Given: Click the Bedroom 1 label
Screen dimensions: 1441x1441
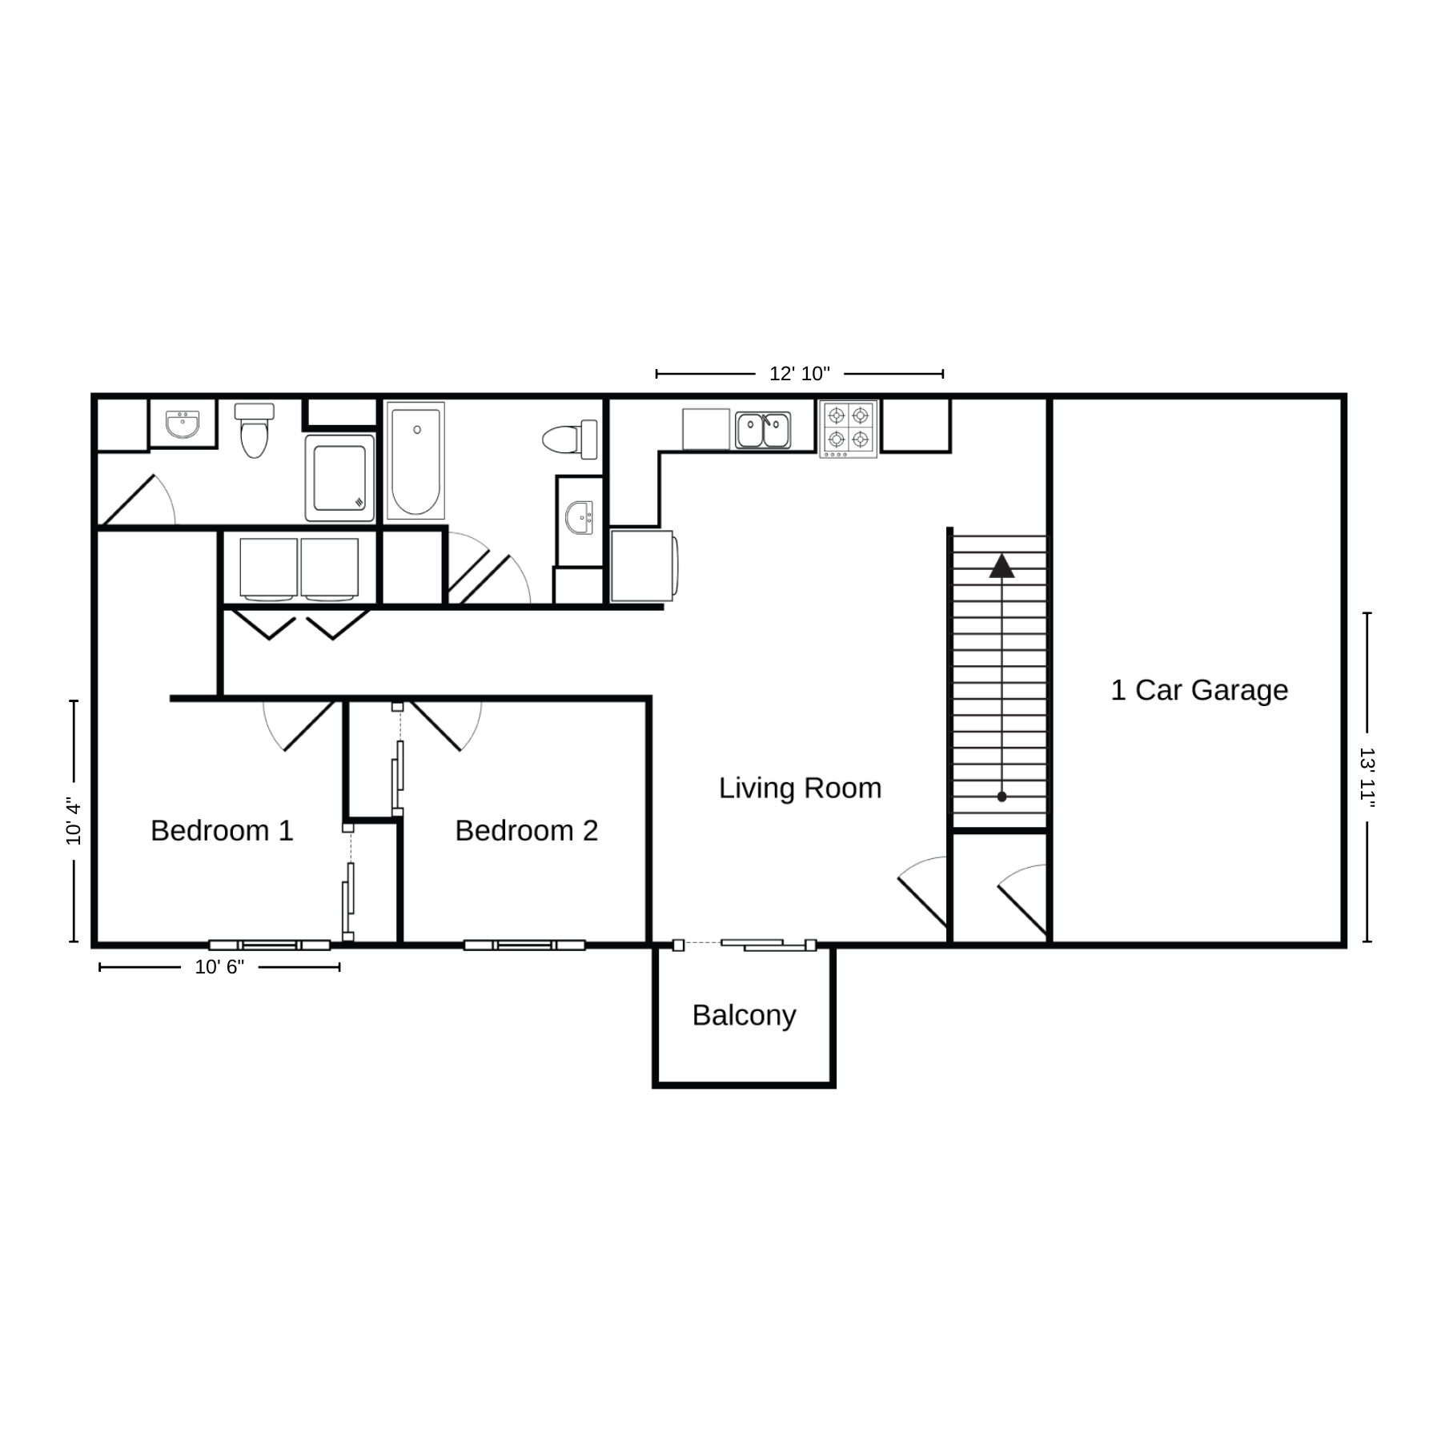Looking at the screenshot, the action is [x=222, y=831].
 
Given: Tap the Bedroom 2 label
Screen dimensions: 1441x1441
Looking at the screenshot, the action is [x=527, y=831].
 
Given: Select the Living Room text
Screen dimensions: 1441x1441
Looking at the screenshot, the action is [x=800, y=789].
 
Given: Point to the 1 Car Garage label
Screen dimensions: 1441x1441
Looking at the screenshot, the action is [x=1199, y=690].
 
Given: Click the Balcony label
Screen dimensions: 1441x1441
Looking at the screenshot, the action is [x=744, y=1016].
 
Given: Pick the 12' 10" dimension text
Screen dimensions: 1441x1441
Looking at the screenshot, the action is [x=800, y=374].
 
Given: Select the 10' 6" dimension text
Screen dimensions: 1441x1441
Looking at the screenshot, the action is [x=219, y=967].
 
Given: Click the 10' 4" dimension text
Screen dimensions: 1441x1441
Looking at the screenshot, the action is [x=74, y=821].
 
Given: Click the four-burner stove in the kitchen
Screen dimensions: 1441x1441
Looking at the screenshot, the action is [x=848, y=429].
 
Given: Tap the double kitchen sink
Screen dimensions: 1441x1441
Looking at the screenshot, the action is [x=763, y=431].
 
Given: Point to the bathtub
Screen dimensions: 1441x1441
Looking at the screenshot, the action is [x=415, y=461].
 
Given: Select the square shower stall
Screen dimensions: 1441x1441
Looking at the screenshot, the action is [x=339, y=478].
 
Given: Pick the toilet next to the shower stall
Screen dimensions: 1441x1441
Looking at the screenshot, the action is [x=254, y=430].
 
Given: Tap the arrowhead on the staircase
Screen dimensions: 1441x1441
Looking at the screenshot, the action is [x=1001, y=565].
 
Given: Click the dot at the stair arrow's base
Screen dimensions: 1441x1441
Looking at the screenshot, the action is [x=1001, y=797].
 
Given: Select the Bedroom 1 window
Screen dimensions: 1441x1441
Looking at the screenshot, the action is [x=270, y=945].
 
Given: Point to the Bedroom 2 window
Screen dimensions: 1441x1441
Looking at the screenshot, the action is [x=524, y=945].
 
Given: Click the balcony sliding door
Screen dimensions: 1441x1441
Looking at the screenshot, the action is [x=745, y=945].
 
